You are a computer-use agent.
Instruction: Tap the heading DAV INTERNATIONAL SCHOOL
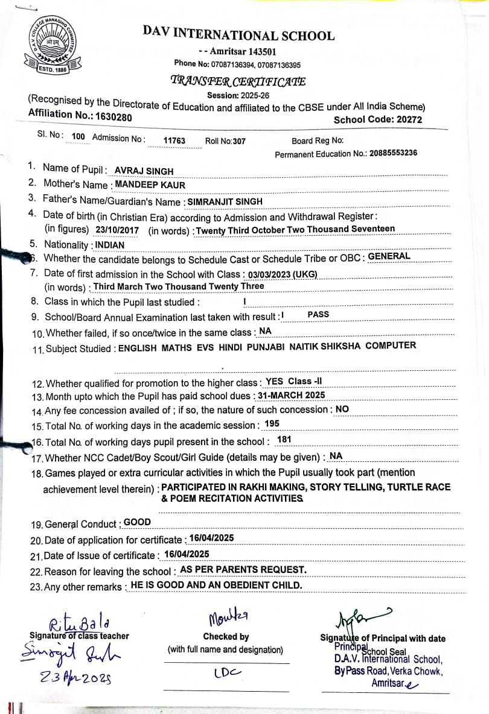238,34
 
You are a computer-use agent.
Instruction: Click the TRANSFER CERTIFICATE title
238,81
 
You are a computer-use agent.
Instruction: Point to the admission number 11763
175,141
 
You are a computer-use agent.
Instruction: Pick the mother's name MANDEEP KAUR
150,185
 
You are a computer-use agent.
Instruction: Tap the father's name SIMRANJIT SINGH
225,201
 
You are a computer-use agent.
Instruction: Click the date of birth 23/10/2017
117,230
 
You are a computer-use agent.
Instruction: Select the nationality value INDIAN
110,245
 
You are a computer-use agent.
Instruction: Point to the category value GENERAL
389,256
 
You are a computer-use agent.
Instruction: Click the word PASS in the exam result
318,315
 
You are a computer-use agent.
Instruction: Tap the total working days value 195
272,424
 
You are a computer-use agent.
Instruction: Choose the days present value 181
284,440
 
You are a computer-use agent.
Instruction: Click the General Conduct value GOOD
137,522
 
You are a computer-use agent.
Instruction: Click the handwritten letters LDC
227,672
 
